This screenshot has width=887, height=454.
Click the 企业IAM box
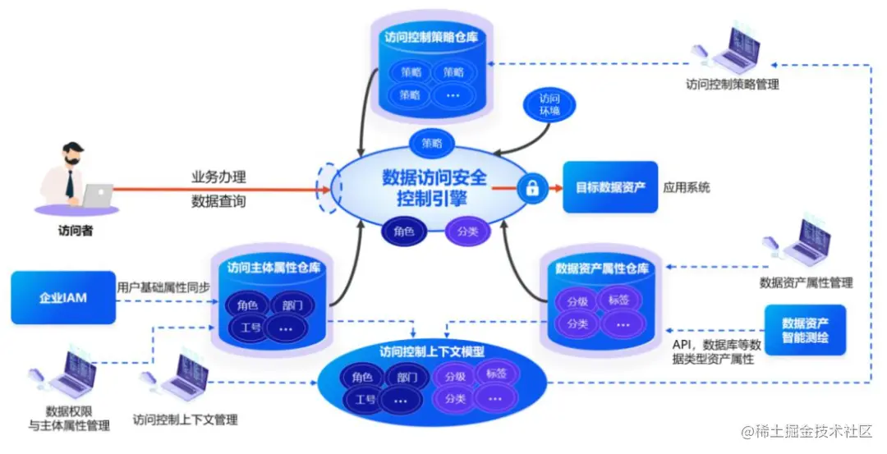(x=63, y=297)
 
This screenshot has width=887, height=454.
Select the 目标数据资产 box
(x=610, y=187)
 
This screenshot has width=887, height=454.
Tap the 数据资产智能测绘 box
(x=804, y=329)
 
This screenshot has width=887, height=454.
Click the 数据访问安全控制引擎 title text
(x=434, y=187)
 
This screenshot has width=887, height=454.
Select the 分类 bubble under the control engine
(x=467, y=232)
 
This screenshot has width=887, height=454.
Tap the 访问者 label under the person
(x=76, y=231)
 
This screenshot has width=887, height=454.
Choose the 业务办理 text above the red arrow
(x=218, y=177)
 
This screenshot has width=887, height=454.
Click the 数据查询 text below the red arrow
(x=218, y=201)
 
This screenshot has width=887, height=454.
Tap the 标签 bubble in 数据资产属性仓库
(x=620, y=300)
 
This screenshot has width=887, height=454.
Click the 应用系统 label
(x=687, y=187)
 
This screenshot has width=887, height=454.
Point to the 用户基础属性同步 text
(x=163, y=287)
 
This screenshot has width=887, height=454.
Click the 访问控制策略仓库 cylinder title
(x=432, y=36)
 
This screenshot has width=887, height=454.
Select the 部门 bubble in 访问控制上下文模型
(x=406, y=378)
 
